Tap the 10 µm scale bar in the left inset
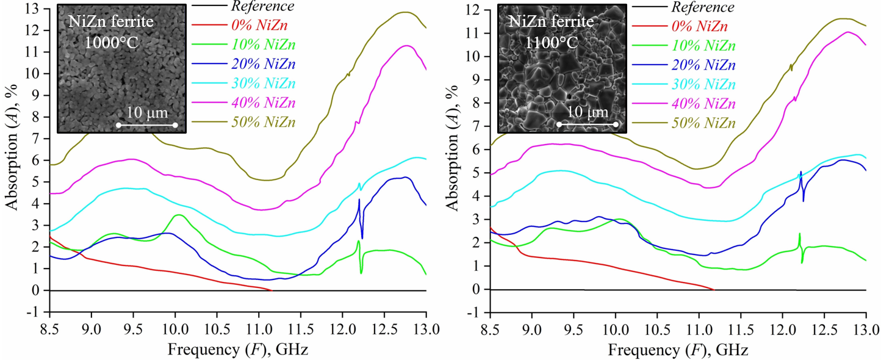pyautogui.click(x=146, y=124)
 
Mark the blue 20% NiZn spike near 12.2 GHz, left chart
pyautogui.click(x=359, y=200)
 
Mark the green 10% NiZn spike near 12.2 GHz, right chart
pyautogui.click(x=799, y=234)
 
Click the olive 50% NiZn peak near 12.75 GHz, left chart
pyautogui.click(x=405, y=12)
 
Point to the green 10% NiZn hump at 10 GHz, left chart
pyautogui.click(x=178, y=215)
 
